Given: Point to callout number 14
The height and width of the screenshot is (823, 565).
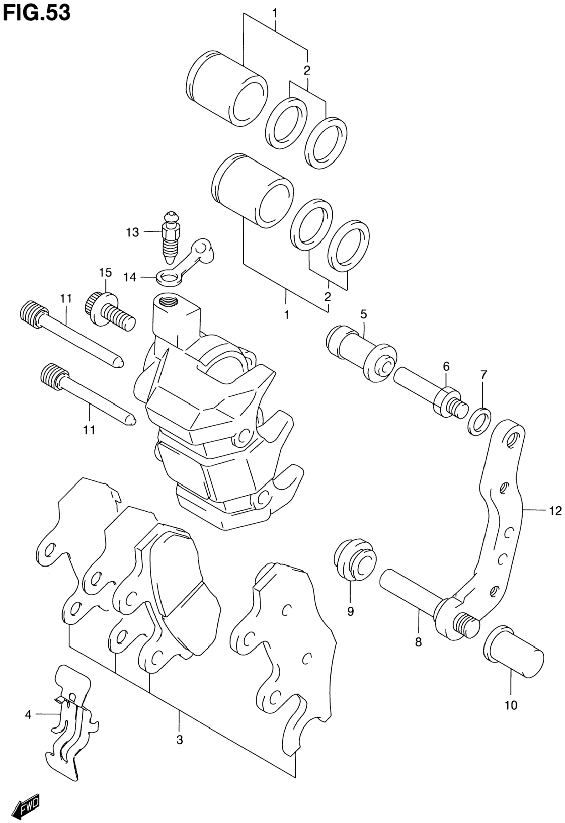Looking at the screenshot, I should pos(130,277).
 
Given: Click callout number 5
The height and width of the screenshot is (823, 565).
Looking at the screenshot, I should pos(364,314).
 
